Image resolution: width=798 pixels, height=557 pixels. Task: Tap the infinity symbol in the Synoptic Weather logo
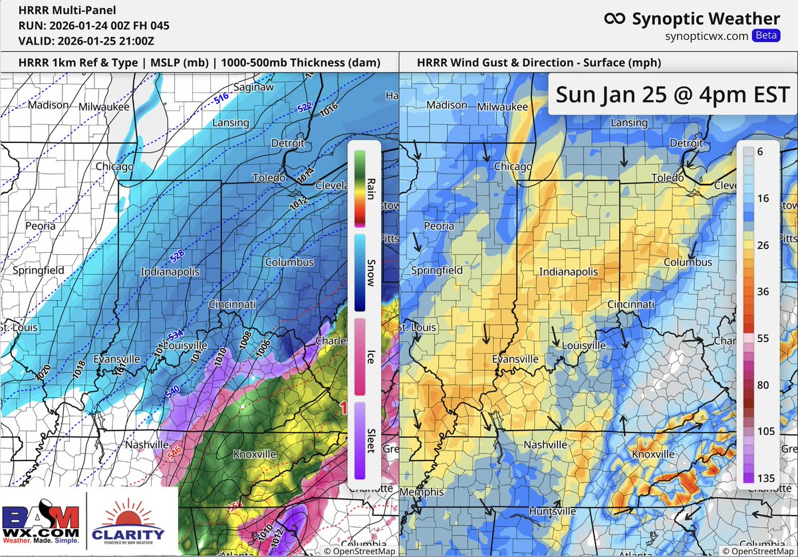pyautogui.click(x=614, y=19)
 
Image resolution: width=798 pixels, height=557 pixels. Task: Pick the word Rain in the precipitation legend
pyautogui.click(x=370, y=188)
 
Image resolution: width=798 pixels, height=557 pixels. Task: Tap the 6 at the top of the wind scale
pyautogui.click(x=759, y=152)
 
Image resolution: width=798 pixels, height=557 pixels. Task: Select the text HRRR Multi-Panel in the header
pyautogui.click(x=58, y=11)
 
